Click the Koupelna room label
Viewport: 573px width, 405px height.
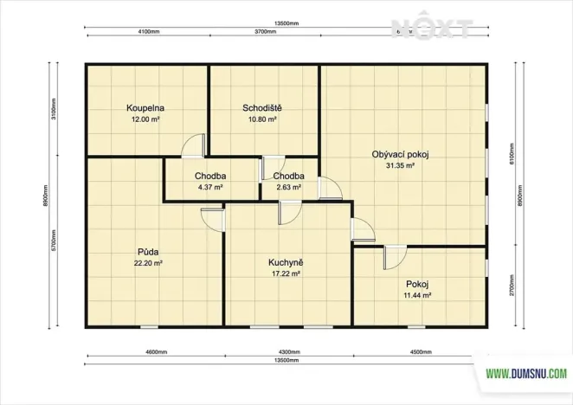click(145, 108)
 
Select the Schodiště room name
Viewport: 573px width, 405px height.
click(261, 108)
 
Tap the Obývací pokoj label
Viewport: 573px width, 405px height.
click(401, 153)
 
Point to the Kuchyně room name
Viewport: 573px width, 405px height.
click(285, 262)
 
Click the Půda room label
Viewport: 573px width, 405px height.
click(145, 253)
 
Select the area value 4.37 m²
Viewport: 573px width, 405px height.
click(210, 187)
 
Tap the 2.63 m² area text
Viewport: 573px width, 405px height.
click(288, 187)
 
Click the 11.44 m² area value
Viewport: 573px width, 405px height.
click(417, 295)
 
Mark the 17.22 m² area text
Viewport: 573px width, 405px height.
click(285, 273)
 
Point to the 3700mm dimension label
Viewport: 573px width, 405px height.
click(265, 31)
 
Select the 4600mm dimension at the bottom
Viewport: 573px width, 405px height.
click(155, 353)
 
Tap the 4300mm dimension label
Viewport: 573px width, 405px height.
click(289, 353)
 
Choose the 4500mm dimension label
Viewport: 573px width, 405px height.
click(418, 353)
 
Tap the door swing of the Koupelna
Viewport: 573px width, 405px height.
click(194, 146)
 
